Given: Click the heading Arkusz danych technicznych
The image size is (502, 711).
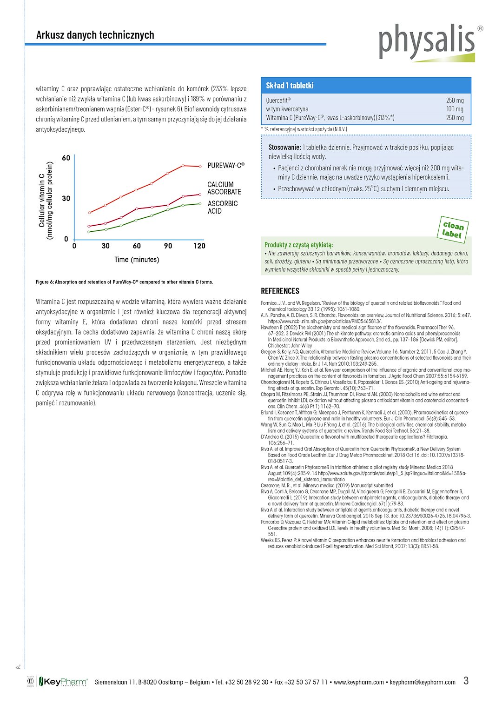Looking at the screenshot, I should click(x=95, y=35).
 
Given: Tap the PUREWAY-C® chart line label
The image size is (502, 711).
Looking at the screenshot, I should click(x=226, y=165).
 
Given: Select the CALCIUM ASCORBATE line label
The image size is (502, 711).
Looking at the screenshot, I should click(x=224, y=188).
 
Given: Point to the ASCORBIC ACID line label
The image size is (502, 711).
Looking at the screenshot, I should click(x=222, y=207).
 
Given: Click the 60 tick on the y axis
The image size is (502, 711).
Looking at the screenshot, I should click(x=66, y=158).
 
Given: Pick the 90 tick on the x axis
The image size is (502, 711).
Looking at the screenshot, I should click(x=168, y=246).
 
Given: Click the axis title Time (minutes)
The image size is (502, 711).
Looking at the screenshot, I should click(x=137, y=259).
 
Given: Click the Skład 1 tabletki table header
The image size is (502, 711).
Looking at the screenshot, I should click(x=290, y=86).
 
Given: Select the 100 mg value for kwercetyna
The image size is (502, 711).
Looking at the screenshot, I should click(x=455, y=109).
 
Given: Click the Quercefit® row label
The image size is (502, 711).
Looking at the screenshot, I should click(x=278, y=101).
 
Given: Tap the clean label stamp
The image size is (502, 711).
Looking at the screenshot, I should click(x=453, y=229).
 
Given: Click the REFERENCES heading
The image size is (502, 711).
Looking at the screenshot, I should click(x=280, y=291).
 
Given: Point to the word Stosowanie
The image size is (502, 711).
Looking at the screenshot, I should click(x=284, y=148).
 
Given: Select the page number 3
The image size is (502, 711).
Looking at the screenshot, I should click(x=466, y=681).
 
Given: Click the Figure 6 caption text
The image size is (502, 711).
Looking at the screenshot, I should click(x=125, y=282).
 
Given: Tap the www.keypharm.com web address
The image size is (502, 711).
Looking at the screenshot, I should click(x=359, y=682).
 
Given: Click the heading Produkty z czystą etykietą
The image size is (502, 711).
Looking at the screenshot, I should click(x=298, y=245).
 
